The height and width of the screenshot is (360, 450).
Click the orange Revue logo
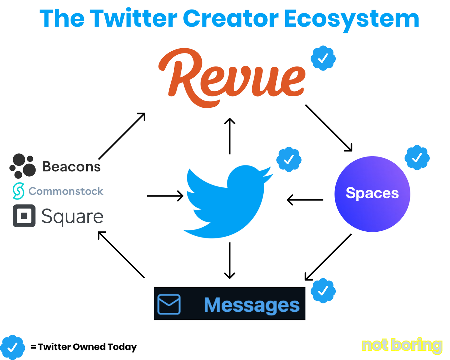(231, 78)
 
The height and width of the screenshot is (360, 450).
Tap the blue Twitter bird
(228, 202)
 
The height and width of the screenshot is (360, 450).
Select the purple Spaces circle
(372, 194)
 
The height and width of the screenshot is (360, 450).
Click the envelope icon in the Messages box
(169, 304)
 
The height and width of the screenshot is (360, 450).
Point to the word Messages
(252, 305)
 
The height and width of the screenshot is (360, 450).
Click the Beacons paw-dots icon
(23, 166)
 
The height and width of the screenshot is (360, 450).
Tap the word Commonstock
(66, 191)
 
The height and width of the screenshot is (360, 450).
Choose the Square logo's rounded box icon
(24, 216)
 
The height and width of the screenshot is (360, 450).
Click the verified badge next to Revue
(323, 58)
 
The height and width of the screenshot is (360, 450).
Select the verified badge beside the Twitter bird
(289, 160)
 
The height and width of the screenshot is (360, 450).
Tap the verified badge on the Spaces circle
(417, 158)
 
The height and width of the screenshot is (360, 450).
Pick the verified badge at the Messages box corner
(323, 291)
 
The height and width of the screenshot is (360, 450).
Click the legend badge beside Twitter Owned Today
(13, 347)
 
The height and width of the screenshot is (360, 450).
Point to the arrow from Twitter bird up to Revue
(230, 136)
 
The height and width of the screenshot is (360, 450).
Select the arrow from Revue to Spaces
(329, 128)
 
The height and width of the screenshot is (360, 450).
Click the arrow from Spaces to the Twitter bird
(305, 200)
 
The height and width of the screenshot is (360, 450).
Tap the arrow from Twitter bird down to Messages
(230, 261)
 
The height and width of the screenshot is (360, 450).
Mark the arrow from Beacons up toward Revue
(122, 136)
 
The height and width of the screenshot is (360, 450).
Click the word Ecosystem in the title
(351, 19)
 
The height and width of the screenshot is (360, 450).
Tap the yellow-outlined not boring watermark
(402, 345)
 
